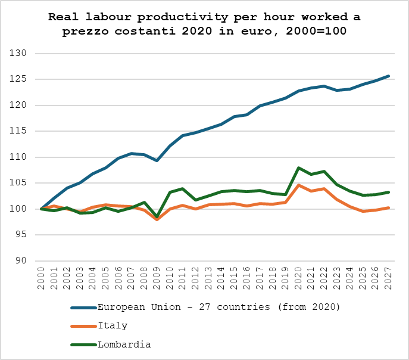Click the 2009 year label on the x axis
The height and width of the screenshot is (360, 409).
point(157,278)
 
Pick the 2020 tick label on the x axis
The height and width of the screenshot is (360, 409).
point(299,278)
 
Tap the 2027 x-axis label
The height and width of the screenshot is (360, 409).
point(389,278)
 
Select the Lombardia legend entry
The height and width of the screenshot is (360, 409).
point(124,344)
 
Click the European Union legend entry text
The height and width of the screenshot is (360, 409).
point(218,307)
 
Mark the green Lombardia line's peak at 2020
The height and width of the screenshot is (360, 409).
point(299,167)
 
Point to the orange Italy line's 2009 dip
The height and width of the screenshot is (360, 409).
point(157,219)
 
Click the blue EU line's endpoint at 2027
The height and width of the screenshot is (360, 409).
point(389,76)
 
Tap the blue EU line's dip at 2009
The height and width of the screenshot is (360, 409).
point(157,160)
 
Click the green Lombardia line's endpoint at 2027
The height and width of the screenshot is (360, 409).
point(389,192)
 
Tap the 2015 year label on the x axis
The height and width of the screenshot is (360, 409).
point(235,278)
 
